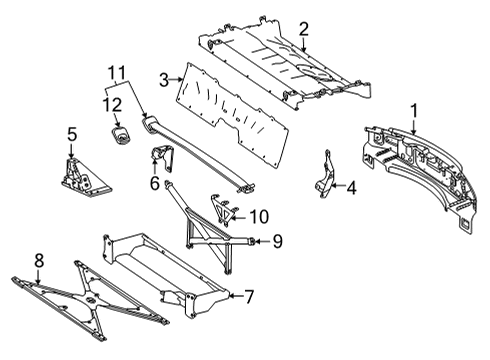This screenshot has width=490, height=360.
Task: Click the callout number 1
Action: [414, 111]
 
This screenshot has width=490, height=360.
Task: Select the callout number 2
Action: [304, 29]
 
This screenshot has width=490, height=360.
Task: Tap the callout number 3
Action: [164, 80]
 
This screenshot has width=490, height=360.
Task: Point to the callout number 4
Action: [351, 188]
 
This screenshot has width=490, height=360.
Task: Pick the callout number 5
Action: [72, 134]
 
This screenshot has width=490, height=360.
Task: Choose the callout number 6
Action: [155, 183]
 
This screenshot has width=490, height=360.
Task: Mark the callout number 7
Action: [249, 296]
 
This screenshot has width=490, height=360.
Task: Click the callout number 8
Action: [39, 260]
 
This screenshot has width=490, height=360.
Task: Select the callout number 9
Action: [277, 241]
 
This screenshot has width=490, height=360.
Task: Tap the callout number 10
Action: [259, 217]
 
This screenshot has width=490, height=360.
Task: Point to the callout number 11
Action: [117, 73]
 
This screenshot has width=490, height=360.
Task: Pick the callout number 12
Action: [112, 105]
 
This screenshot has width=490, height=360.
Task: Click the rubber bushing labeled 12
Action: [121, 135]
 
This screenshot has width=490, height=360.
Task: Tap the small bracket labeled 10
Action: [222, 209]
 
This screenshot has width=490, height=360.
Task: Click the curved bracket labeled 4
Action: [325, 175]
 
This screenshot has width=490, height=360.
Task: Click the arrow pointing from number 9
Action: [263, 241]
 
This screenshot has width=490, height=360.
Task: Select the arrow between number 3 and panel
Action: [176, 80]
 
